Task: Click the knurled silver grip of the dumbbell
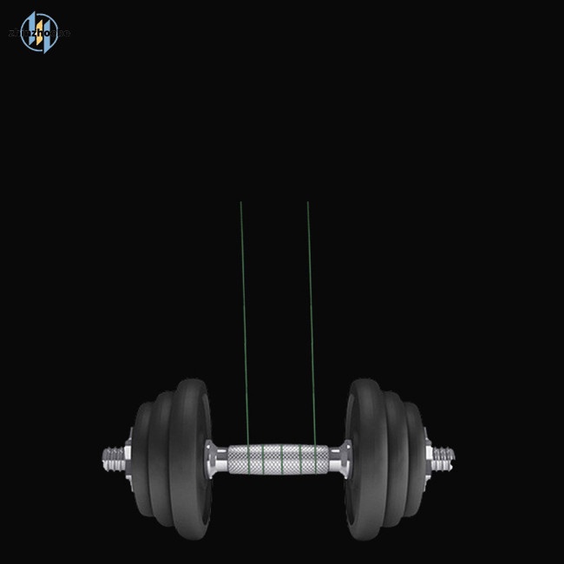pos(278,457)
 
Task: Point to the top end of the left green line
pos(240,203)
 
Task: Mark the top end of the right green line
pos(308,203)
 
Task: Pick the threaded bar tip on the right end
pos(444,455)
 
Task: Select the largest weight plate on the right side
pos(364,457)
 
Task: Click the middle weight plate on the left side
pos(161,457)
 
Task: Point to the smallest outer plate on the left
pos(141,457)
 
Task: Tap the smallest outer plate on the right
pos(415,457)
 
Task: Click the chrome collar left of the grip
pos(211,456)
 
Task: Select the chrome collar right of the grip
pos(344,456)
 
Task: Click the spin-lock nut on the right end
pos(429,455)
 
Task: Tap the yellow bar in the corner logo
pos(36,33)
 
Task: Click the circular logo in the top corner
pos(39,32)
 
